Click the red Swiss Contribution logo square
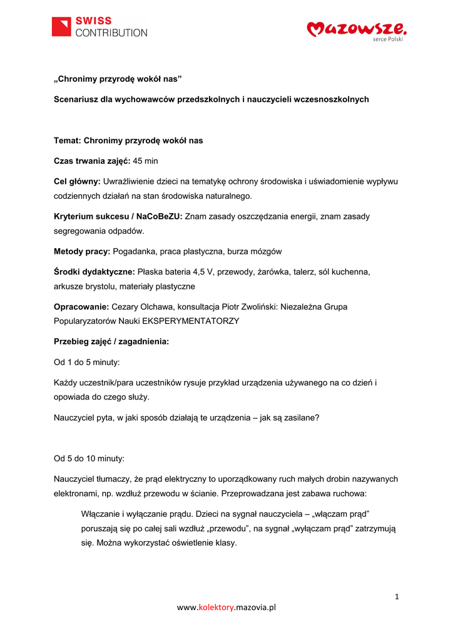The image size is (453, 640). [62, 27]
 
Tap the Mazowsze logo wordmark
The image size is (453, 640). [357, 28]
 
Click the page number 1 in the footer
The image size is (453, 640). [397, 596]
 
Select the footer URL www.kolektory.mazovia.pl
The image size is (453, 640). [227, 607]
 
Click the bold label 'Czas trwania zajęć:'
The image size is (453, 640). [92, 161]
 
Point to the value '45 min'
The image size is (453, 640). [146, 161]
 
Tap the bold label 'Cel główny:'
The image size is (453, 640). [77, 181]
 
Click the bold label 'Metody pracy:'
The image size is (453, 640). [82, 251]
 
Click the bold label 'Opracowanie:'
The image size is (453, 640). [81, 307]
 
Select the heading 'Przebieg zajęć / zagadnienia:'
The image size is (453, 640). [111, 342]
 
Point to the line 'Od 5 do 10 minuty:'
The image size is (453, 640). [89, 458]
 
